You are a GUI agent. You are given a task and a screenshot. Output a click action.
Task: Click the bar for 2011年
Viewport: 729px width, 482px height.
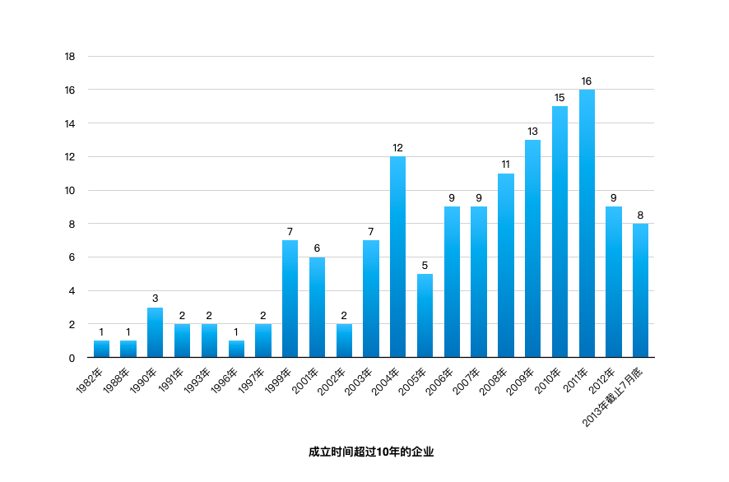(587, 223)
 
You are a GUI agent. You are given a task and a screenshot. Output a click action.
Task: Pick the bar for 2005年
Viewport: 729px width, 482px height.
(425, 316)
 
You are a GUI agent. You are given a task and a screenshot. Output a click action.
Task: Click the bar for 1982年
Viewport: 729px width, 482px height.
(101, 349)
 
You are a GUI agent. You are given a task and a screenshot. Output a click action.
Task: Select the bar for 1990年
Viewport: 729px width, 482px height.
(155, 332)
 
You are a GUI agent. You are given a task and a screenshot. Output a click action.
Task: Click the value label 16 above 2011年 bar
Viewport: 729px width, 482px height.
(587, 81)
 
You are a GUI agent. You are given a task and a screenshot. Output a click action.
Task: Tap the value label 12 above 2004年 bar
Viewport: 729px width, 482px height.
(397, 148)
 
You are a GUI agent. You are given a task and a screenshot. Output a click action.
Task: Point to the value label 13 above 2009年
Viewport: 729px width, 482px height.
(532, 132)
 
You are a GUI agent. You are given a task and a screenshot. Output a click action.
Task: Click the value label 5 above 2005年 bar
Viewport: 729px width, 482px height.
(425, 266)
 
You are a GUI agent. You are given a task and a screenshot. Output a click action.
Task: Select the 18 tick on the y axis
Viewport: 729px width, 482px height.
(70, 57)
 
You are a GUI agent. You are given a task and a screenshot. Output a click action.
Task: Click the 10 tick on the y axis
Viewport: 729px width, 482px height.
(70, 190)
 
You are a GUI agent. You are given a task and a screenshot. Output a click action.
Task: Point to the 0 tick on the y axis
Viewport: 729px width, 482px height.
(72, 358)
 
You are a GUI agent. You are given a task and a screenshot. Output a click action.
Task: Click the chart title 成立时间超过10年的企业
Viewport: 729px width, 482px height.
(370, 452)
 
